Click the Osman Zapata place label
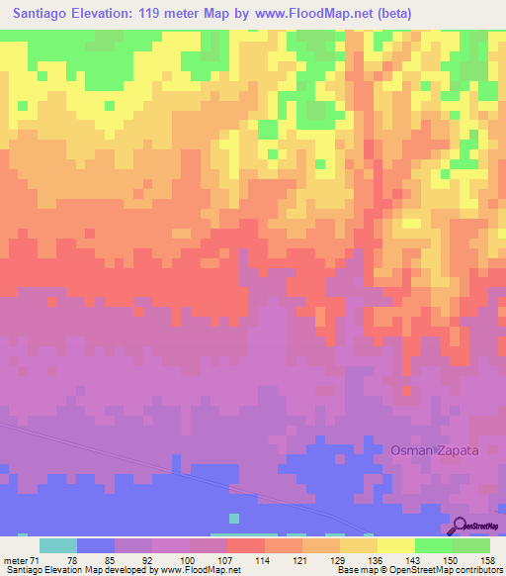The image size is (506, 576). click(435, 450)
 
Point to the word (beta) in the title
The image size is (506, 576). click(391, 14)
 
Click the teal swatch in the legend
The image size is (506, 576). click(58, 545)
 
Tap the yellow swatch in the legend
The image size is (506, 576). click(396, 545)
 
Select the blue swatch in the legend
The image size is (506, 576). click(96, 545)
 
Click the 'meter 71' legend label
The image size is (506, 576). click(21, 560)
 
